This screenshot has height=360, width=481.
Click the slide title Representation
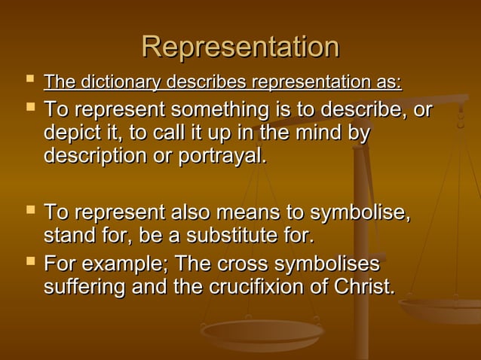(x=240, y=47)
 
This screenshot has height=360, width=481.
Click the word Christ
(x=367, y=287)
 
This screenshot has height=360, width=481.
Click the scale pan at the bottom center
(x=262, y=331)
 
